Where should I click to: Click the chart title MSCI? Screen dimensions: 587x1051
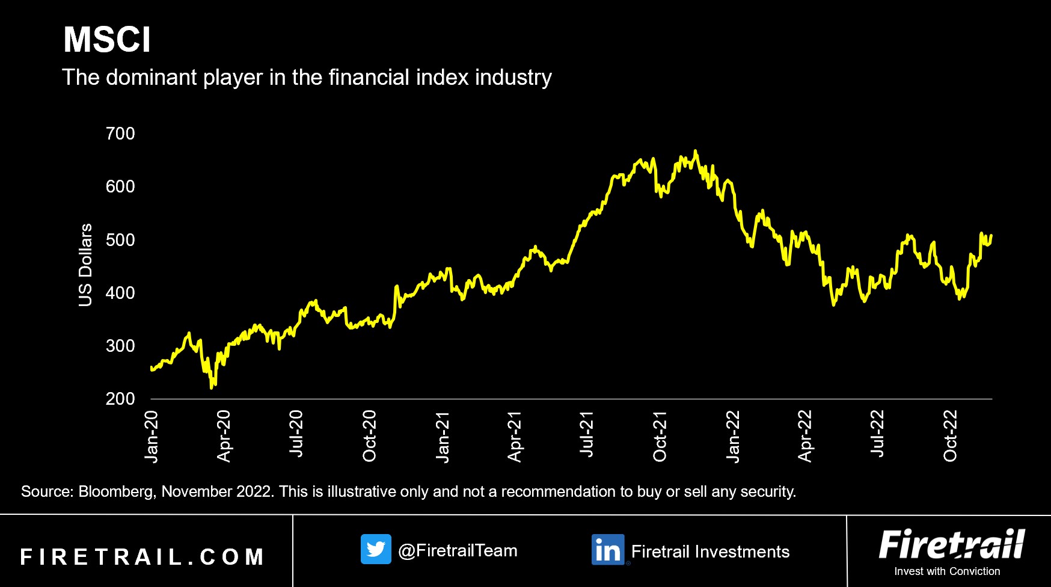coord(107,40)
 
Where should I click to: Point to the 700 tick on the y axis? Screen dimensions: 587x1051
coord(120,134)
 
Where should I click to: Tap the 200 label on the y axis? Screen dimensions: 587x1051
coord(120,399)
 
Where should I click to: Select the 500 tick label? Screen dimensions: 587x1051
coord(120,240)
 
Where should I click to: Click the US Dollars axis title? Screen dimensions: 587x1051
coord(85,265)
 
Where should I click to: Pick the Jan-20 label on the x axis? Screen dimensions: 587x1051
coord(152,437)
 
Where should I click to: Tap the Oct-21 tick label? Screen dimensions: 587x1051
coord(660,437)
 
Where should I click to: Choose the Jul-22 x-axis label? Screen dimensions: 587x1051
coord(878,434)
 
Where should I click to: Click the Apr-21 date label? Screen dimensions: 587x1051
coord(515,437)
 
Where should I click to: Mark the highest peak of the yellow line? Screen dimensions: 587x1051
coord(696,151)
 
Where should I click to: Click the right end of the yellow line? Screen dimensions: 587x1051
coord(991,236)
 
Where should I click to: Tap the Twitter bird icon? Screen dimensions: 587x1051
coord(376,549)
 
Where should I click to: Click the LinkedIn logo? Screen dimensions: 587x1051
coord(608,550)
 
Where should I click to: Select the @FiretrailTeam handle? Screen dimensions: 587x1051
coord(458,550)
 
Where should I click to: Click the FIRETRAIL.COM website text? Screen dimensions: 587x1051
coord(142,557)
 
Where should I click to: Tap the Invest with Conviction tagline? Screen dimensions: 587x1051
coord(947,571)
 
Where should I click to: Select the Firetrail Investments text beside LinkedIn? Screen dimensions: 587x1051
coord(710,552)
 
